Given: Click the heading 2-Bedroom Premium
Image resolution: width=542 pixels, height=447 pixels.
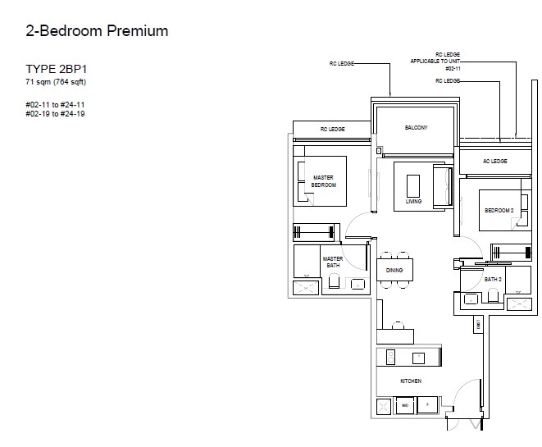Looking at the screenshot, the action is (97, 31).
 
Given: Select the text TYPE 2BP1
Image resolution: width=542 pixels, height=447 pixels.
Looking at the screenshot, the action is (56, 69).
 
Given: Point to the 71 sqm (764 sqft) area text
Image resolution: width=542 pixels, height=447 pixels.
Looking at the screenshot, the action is (56, 82).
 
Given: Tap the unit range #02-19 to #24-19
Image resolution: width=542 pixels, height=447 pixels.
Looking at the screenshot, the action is (55, 114).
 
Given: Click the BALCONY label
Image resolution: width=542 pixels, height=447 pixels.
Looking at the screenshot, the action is (417, 128).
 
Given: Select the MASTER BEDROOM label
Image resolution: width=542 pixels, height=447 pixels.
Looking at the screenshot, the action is (324, 181).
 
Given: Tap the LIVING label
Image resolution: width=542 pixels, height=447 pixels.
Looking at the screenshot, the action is (413, 201).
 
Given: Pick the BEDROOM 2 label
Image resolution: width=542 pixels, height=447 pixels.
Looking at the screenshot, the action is (499, 210).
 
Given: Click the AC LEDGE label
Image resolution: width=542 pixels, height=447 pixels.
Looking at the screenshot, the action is (495, 161).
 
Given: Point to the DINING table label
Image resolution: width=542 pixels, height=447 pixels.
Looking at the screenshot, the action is (394, 270).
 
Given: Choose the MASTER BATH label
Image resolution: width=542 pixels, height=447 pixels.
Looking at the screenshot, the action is (333, 262).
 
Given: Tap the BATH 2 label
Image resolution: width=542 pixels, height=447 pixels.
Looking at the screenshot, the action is (493, 279).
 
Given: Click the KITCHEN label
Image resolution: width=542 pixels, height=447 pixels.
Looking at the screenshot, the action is (411, 381).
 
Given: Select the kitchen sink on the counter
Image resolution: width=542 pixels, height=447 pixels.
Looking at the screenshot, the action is (419, 358).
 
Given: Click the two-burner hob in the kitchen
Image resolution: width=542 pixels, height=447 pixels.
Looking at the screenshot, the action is (391, 357).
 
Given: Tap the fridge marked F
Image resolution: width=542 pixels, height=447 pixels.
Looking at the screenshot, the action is (427, 405).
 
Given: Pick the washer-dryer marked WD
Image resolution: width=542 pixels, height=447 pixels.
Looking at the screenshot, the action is (405, 405).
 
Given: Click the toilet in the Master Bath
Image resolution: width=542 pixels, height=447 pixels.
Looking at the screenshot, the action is (334, 281).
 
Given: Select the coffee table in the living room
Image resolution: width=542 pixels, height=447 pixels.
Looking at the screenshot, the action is (413, 185).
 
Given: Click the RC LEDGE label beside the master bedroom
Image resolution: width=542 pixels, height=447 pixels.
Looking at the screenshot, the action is (333, 130).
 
